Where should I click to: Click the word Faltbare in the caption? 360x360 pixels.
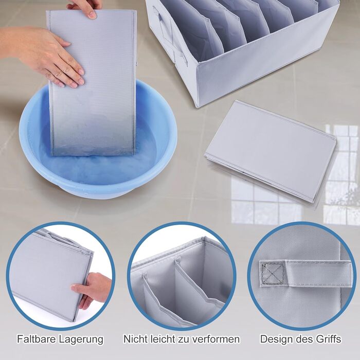tap(36, 339)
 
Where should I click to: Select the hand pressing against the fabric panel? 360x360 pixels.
tap(44, 55)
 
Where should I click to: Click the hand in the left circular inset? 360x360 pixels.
tap(92, 289)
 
